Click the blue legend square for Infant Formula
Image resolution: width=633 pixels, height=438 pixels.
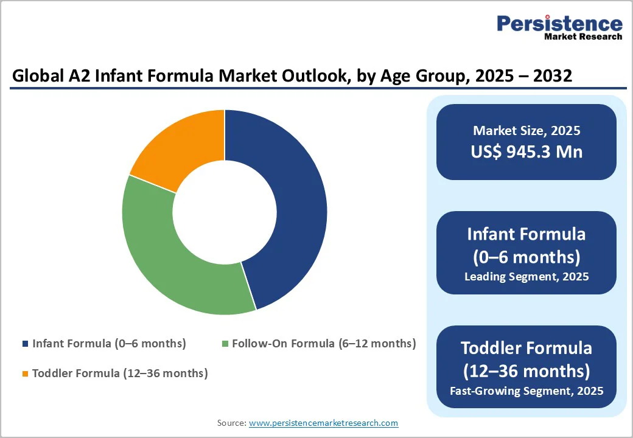[x=26, y=344]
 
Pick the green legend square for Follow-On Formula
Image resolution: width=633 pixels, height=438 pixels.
[x=225, y=344]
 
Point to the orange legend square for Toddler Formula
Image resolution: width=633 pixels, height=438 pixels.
[x=26, y=374]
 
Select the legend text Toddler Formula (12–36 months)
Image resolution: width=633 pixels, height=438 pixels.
[x=120, y=374]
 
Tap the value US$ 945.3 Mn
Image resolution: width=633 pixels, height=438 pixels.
[x=526, y=151]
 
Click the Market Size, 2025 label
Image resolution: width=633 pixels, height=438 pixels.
[x=526, y=130]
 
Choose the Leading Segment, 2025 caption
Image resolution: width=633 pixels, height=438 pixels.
[x=526, y=277]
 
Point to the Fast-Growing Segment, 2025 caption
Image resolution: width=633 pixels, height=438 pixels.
[x=526, y=391]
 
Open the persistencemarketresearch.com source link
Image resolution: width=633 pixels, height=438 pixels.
[x=323, y=423]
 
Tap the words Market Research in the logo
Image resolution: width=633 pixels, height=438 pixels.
[x=583, y=36]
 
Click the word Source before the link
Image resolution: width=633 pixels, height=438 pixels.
[x=231, y=423]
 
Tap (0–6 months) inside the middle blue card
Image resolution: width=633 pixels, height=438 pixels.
[x=526, y=257]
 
